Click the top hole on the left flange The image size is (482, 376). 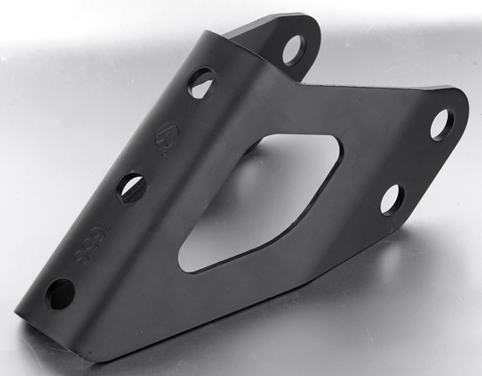tap(201, 83)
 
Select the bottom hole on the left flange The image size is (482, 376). tap(60, 293)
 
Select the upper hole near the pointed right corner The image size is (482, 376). tap(441, 124)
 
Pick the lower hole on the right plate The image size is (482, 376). tap(392, 199)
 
